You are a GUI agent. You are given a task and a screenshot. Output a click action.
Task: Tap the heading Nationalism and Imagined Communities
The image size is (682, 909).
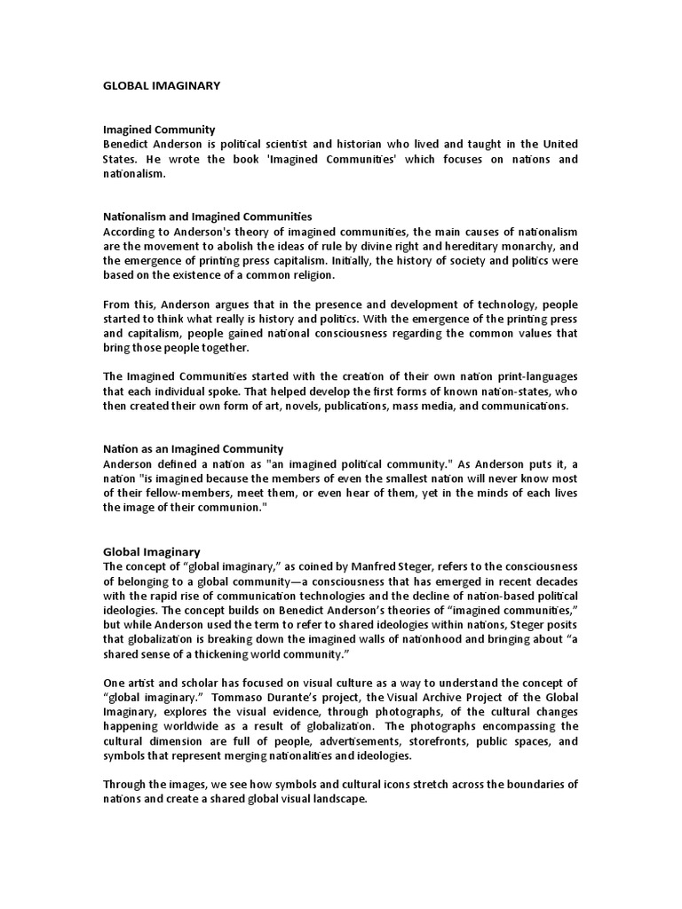pyautogui.click(x=207, y=217)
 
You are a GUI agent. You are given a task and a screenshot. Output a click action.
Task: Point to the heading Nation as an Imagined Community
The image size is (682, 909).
pyautogui.click(x=193, y=449)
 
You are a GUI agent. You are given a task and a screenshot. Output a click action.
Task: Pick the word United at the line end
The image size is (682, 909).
pyautogui.click(x=556, y=144)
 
